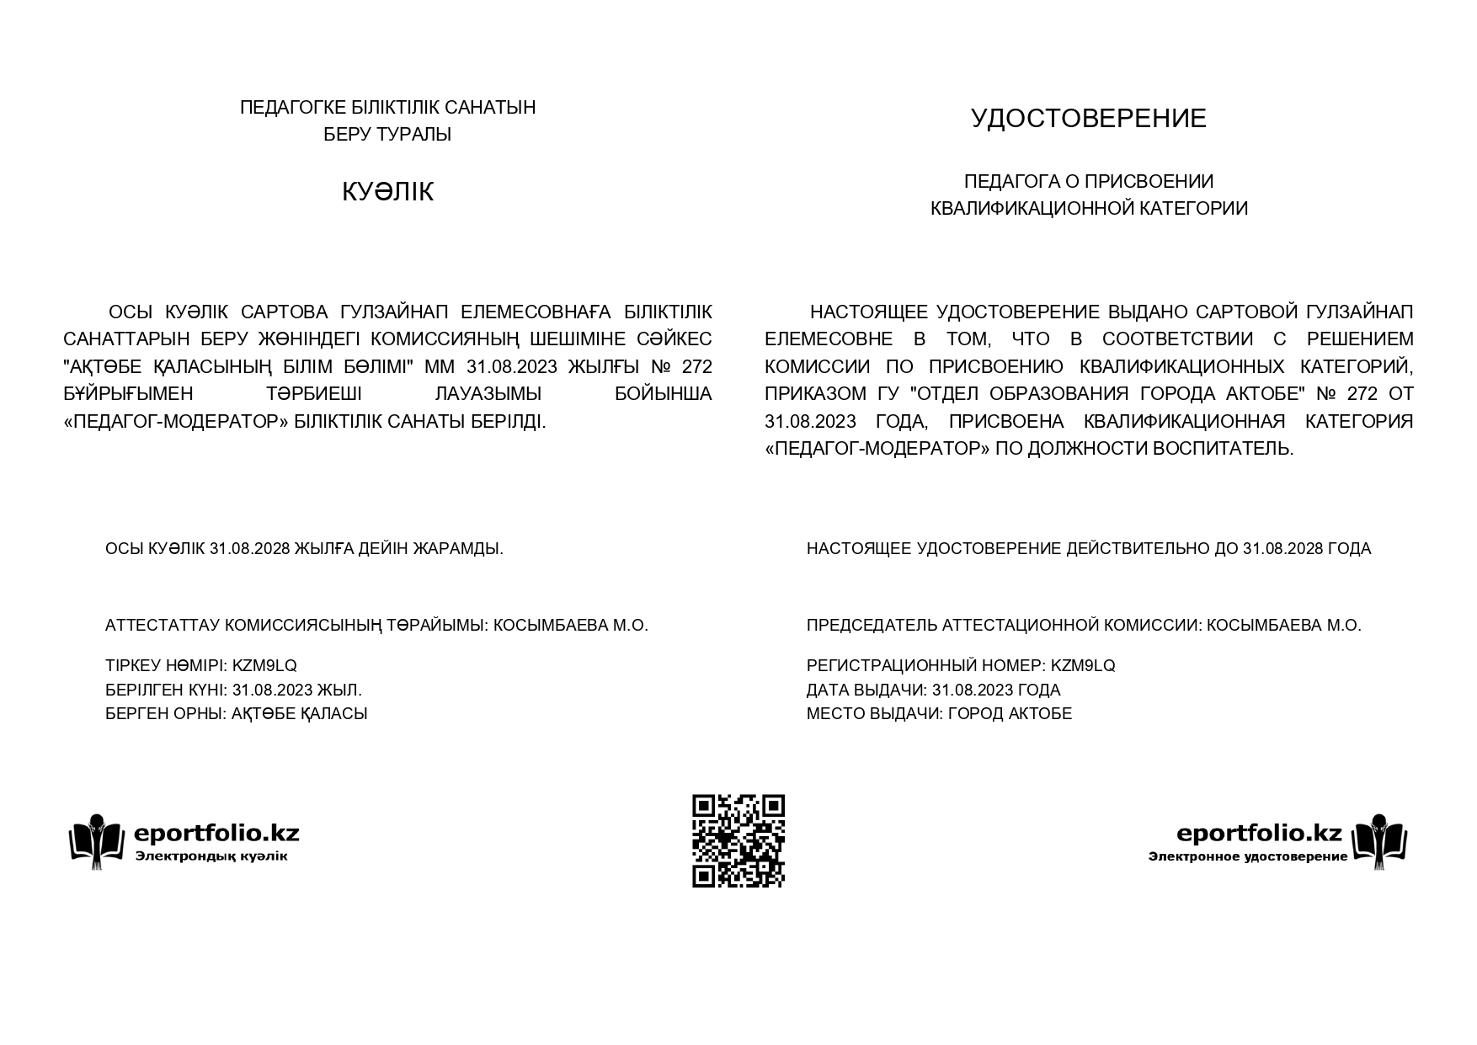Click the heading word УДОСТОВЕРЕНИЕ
click(x=1088, y=118)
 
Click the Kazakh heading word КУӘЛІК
click(x=387, y=192)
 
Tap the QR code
click(x=738, y=840)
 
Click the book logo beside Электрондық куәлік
click(x=96, y=840)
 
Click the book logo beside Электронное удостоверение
click(x=1379, y=840)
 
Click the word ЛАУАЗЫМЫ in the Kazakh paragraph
click(x=488, y=394)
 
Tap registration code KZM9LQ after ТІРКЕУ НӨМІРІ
click(x=264, y=666)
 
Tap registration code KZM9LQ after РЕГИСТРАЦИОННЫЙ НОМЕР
click(x=1083, y=666)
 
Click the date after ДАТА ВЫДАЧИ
click(x=973, y=690)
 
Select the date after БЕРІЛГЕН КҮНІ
click(x=272, y=690)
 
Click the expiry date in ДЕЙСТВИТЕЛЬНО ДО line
click(x=1283, y=549)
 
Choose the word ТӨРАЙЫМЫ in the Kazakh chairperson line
click(x=435, y=626)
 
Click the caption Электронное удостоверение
click(x=1247, y=857)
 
